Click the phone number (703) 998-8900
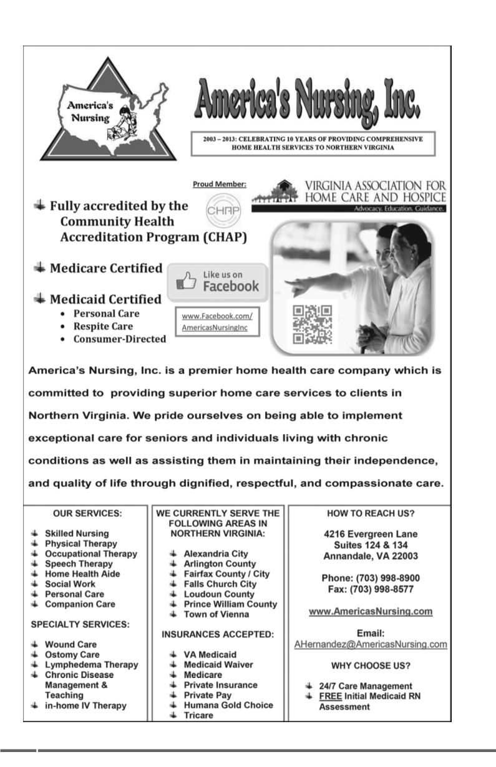click(371, 578)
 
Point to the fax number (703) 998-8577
click(371, 589)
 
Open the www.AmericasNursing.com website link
click(371, 612)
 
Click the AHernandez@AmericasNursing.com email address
click(371, 644)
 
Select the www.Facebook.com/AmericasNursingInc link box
click(216, 321)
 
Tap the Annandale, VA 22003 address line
click(371, 556)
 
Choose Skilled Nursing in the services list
click(77, 534)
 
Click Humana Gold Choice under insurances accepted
click(228, 705)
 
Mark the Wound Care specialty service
click(71, 644)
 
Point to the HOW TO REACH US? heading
click(371, 513)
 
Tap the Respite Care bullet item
click(103, 326)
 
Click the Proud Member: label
click(220, 184)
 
